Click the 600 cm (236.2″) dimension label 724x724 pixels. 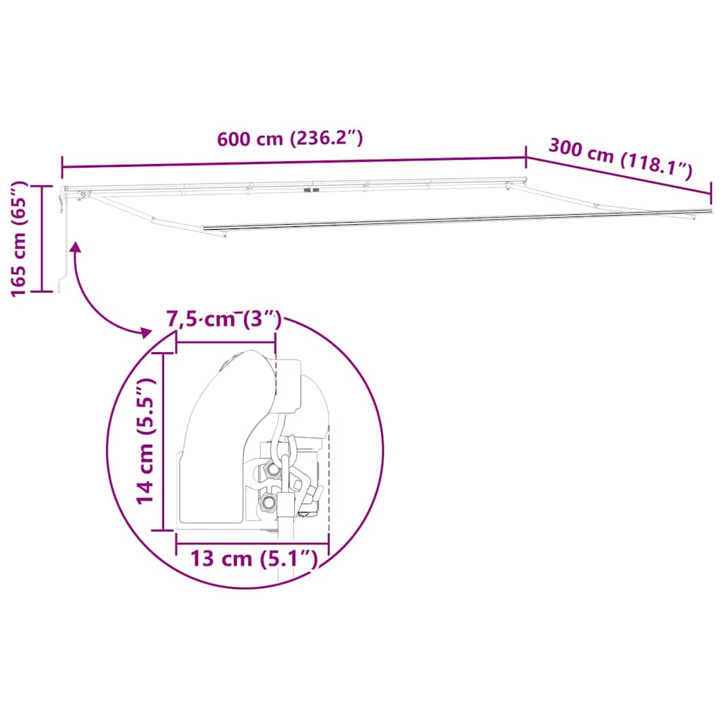pyautogui.click(x=290, y=139)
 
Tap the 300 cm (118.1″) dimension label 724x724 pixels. pyautogui.click(x=620, y=158)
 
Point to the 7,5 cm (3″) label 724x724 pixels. pyautogui.click(x=224, y=320)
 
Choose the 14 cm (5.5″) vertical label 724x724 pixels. pyautogui.click(x=146, y=440)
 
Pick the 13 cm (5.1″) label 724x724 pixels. pyautogui.click(x=252, y=559)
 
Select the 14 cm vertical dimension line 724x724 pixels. pyautogui.click(x=164, y=442)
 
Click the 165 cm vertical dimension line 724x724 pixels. pyautogui.click(x=42, y=238)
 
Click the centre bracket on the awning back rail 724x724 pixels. pyautogui.click(x=309, y=190)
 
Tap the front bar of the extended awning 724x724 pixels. pyautogui.click(x=452, y=220)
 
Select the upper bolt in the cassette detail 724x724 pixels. pyautogui.click(x=271, y=470)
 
